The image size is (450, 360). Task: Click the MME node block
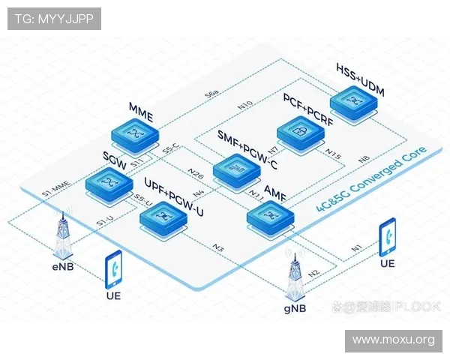[x=136, y=135]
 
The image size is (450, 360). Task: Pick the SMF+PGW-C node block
[x=235, y=168]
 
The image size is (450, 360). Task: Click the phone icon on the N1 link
[x=388, y=237]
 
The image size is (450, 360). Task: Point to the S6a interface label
[x=212, y=94]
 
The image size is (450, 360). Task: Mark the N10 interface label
[x=244, y=104]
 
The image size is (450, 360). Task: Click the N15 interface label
[x=333, y=155]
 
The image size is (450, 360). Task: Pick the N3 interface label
[x=219, y=247]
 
